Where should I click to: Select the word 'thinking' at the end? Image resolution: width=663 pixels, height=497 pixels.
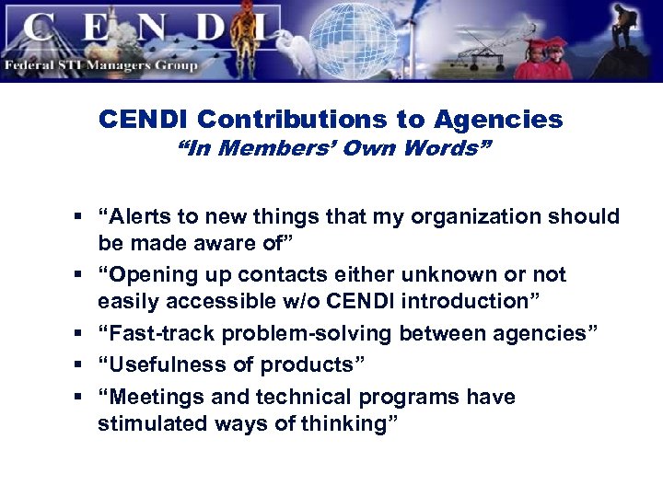352,423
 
